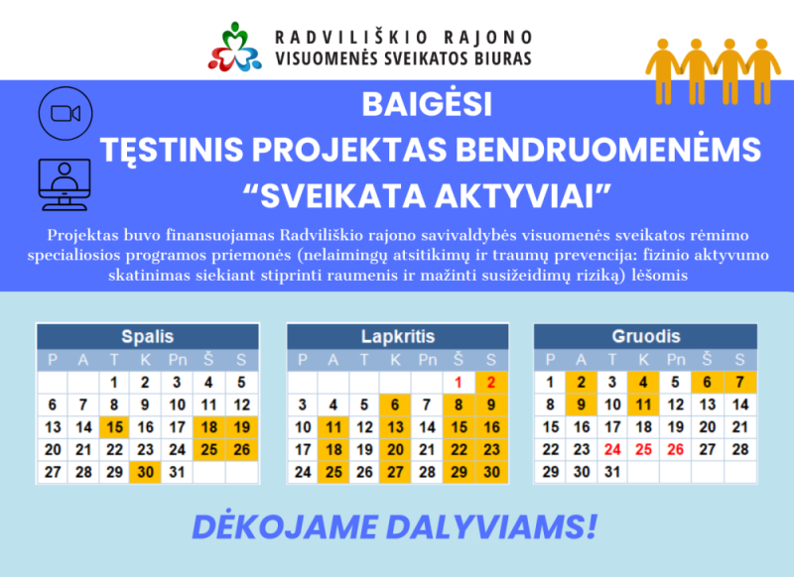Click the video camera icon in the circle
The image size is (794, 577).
click(66, 113)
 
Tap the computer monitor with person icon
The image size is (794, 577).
click(65, 184)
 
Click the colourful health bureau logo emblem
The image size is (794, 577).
click(234, 47)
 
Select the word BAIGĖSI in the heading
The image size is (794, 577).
click(427, 105)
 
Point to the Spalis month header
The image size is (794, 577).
click(147, 336)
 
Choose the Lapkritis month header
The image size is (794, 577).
click(398, 336)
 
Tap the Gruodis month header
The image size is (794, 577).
click(646, 336)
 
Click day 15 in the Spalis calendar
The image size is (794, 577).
click(114, 427)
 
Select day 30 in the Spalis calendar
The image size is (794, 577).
click(145, 472)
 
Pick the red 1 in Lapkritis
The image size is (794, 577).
click(459, 383)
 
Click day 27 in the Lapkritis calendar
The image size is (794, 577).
click(395, 472)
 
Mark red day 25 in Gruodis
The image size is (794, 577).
click(643, 449)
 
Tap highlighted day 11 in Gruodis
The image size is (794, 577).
click(643, 404)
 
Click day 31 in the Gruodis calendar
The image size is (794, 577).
click(612, 472)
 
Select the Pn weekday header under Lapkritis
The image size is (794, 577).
click(428, 360)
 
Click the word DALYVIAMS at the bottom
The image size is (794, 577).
click(491, 527)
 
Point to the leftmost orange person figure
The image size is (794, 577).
click(662, 71)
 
